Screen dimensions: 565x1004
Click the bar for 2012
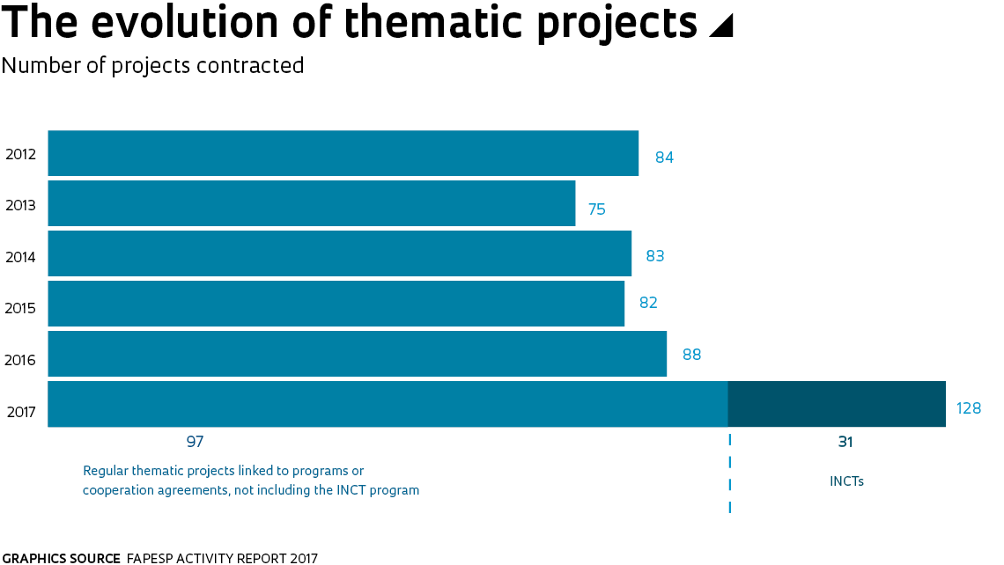coord(343,153)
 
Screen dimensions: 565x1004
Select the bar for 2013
coord(311,203)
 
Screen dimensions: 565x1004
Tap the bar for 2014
coord(339,253)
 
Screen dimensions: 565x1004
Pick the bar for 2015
coord(336,304)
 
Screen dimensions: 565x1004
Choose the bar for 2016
coord(357,354)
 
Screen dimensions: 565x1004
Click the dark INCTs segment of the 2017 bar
coord(837,404)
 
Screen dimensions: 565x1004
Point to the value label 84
coord(664,158)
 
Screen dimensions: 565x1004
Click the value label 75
coord(597,209)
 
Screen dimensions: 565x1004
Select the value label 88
coord(691,355)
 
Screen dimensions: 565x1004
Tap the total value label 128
coord(969,409)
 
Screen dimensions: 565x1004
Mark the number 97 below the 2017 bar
coord(195,442)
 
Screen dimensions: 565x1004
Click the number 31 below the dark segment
coord(845,442)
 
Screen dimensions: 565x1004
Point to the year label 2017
coord(20,411)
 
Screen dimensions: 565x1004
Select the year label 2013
coord(20,206)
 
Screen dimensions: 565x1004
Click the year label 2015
coord(20,309)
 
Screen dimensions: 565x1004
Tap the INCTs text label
coord(846,481)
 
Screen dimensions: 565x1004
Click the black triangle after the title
coord(721,26)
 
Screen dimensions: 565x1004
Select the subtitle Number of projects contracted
coord(153,66)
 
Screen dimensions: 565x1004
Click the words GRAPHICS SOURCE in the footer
coord(62,558)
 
